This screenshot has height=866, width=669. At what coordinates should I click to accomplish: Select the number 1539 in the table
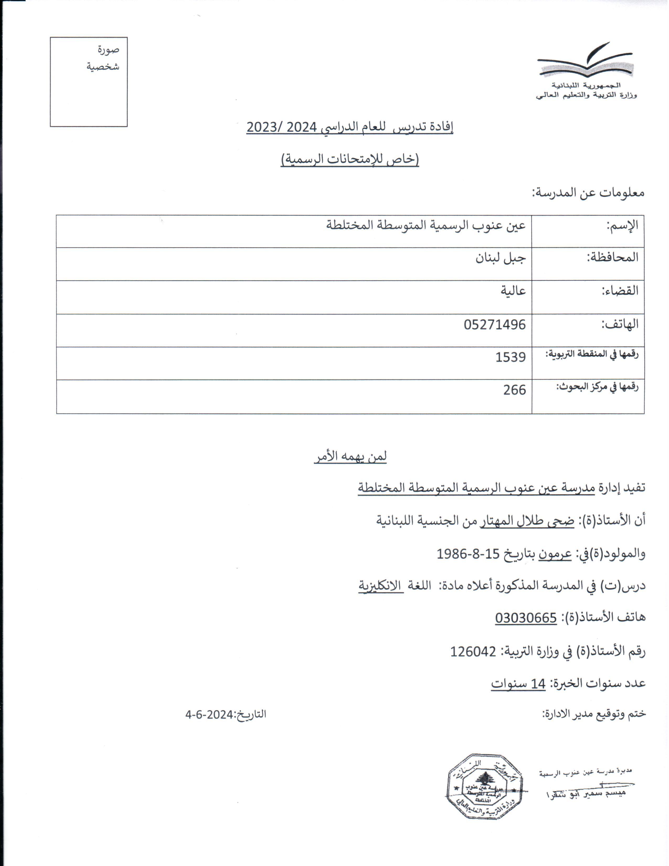pos(511,357)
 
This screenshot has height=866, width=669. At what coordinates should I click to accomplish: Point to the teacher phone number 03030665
pos(526,618)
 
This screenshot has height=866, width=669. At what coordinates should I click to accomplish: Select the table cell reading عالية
pos(513,291)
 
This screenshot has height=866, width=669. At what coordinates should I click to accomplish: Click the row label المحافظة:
pos(612,258)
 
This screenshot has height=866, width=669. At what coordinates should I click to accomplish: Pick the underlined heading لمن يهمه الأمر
pos(350,456)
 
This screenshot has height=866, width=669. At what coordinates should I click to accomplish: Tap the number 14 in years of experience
pos(538,684)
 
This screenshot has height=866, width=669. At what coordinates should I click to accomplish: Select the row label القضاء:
pos(620,291)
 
